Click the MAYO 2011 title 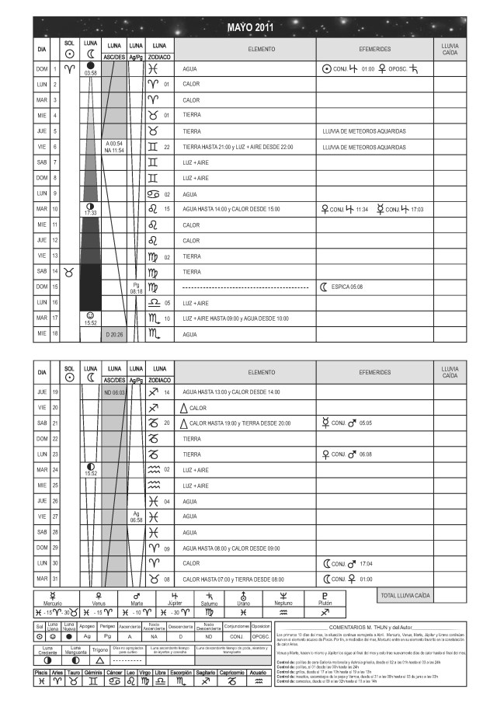pyautogui.click(x=249, y=28)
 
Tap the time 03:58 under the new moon pyautogui.click(x=91, y=73)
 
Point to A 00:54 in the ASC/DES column pyautogui.click(x=114, y=144)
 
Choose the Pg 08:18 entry pyautogui.click(x=136, y=291)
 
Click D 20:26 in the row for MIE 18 pyautogui.click(x=114, y=335)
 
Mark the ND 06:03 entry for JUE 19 pyautogui.click(x=114, y=392)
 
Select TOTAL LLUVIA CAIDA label pyautogui.click(x=405, y=596)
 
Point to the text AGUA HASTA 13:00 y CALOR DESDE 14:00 pyautogui.click(x=231, y=392)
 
